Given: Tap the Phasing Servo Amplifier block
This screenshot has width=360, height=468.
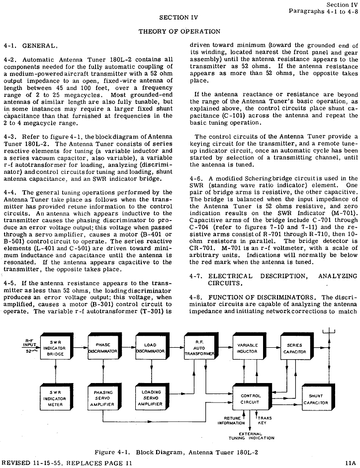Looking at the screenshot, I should point(103,399).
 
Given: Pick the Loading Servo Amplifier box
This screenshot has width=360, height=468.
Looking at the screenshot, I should point(151,399).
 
